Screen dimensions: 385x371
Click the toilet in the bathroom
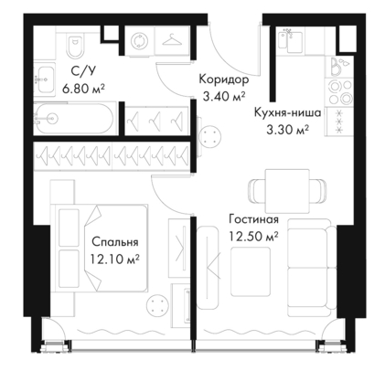(75, 47)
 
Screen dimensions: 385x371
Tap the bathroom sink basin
(44, 79)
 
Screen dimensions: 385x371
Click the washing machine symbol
(140, 41)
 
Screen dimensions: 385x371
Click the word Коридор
(224, 79)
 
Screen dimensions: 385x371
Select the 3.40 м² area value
(224, 97)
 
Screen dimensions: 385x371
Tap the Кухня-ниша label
(287, 112)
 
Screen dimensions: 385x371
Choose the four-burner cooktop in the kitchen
(339, 91)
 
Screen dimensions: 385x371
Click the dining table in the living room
(287, 191)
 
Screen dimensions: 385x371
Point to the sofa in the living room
(312, 268)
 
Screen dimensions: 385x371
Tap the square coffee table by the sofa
(251, 271)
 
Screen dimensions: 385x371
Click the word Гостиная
(254, 219)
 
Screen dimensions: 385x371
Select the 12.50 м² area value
(253, 237)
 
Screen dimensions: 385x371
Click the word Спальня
(115, 242)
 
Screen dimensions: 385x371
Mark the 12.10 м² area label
(114, 260)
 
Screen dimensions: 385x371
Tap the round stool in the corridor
(210, 137)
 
